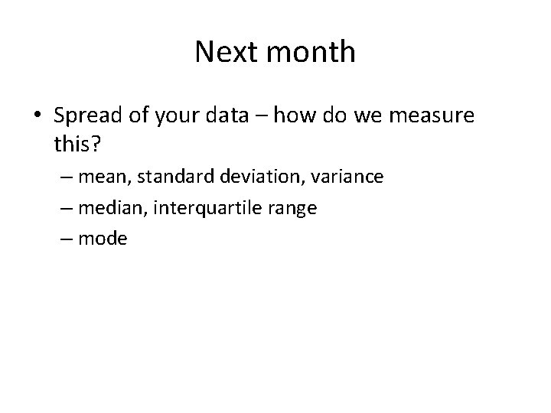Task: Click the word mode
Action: [x=103, y=239]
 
